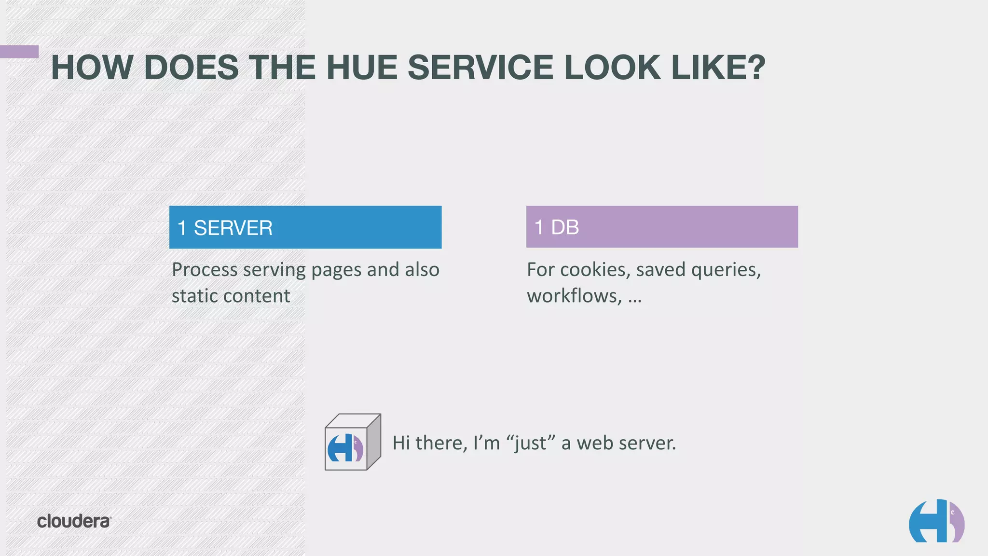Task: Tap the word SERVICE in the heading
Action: click(480, 67)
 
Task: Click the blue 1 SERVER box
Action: click(305, 227)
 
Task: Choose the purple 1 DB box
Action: click(661, 227)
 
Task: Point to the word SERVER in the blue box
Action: click(233, 228)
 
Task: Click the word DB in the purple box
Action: click(565, 227)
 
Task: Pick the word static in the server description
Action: click(192, 296)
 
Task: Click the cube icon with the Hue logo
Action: click(352, 442)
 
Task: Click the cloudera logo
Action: click(74, 521)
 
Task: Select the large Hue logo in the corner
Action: click(936, 521)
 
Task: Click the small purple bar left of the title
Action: click(19, 52)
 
